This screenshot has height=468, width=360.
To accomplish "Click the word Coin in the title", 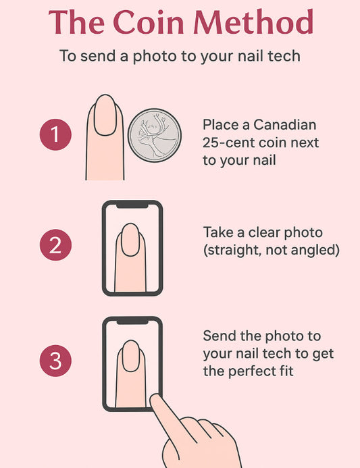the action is [x=149, y=22].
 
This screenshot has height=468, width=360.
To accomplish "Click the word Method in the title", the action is [x=253, y=22].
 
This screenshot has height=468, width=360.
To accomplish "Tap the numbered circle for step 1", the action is [x=55, y=134].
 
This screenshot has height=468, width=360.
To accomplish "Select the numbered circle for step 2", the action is [x=55, y=244].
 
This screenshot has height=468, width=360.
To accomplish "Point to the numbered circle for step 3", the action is [x=55, y=361].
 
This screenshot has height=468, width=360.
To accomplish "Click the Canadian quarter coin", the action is [x=155, y=136].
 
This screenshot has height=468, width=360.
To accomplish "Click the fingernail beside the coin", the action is [x=105, y=115].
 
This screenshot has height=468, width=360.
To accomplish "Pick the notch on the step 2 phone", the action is [x=132, y=205].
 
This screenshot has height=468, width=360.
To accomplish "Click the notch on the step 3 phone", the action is [x=132, y=321].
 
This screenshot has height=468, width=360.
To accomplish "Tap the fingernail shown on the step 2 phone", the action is [x=130, y=240].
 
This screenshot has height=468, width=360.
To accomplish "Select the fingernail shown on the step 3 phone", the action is [x=131, y=356].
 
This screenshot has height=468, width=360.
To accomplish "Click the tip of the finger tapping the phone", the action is [x=155, y=398].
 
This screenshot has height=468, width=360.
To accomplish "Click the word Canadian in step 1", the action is [x=285, y=124].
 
